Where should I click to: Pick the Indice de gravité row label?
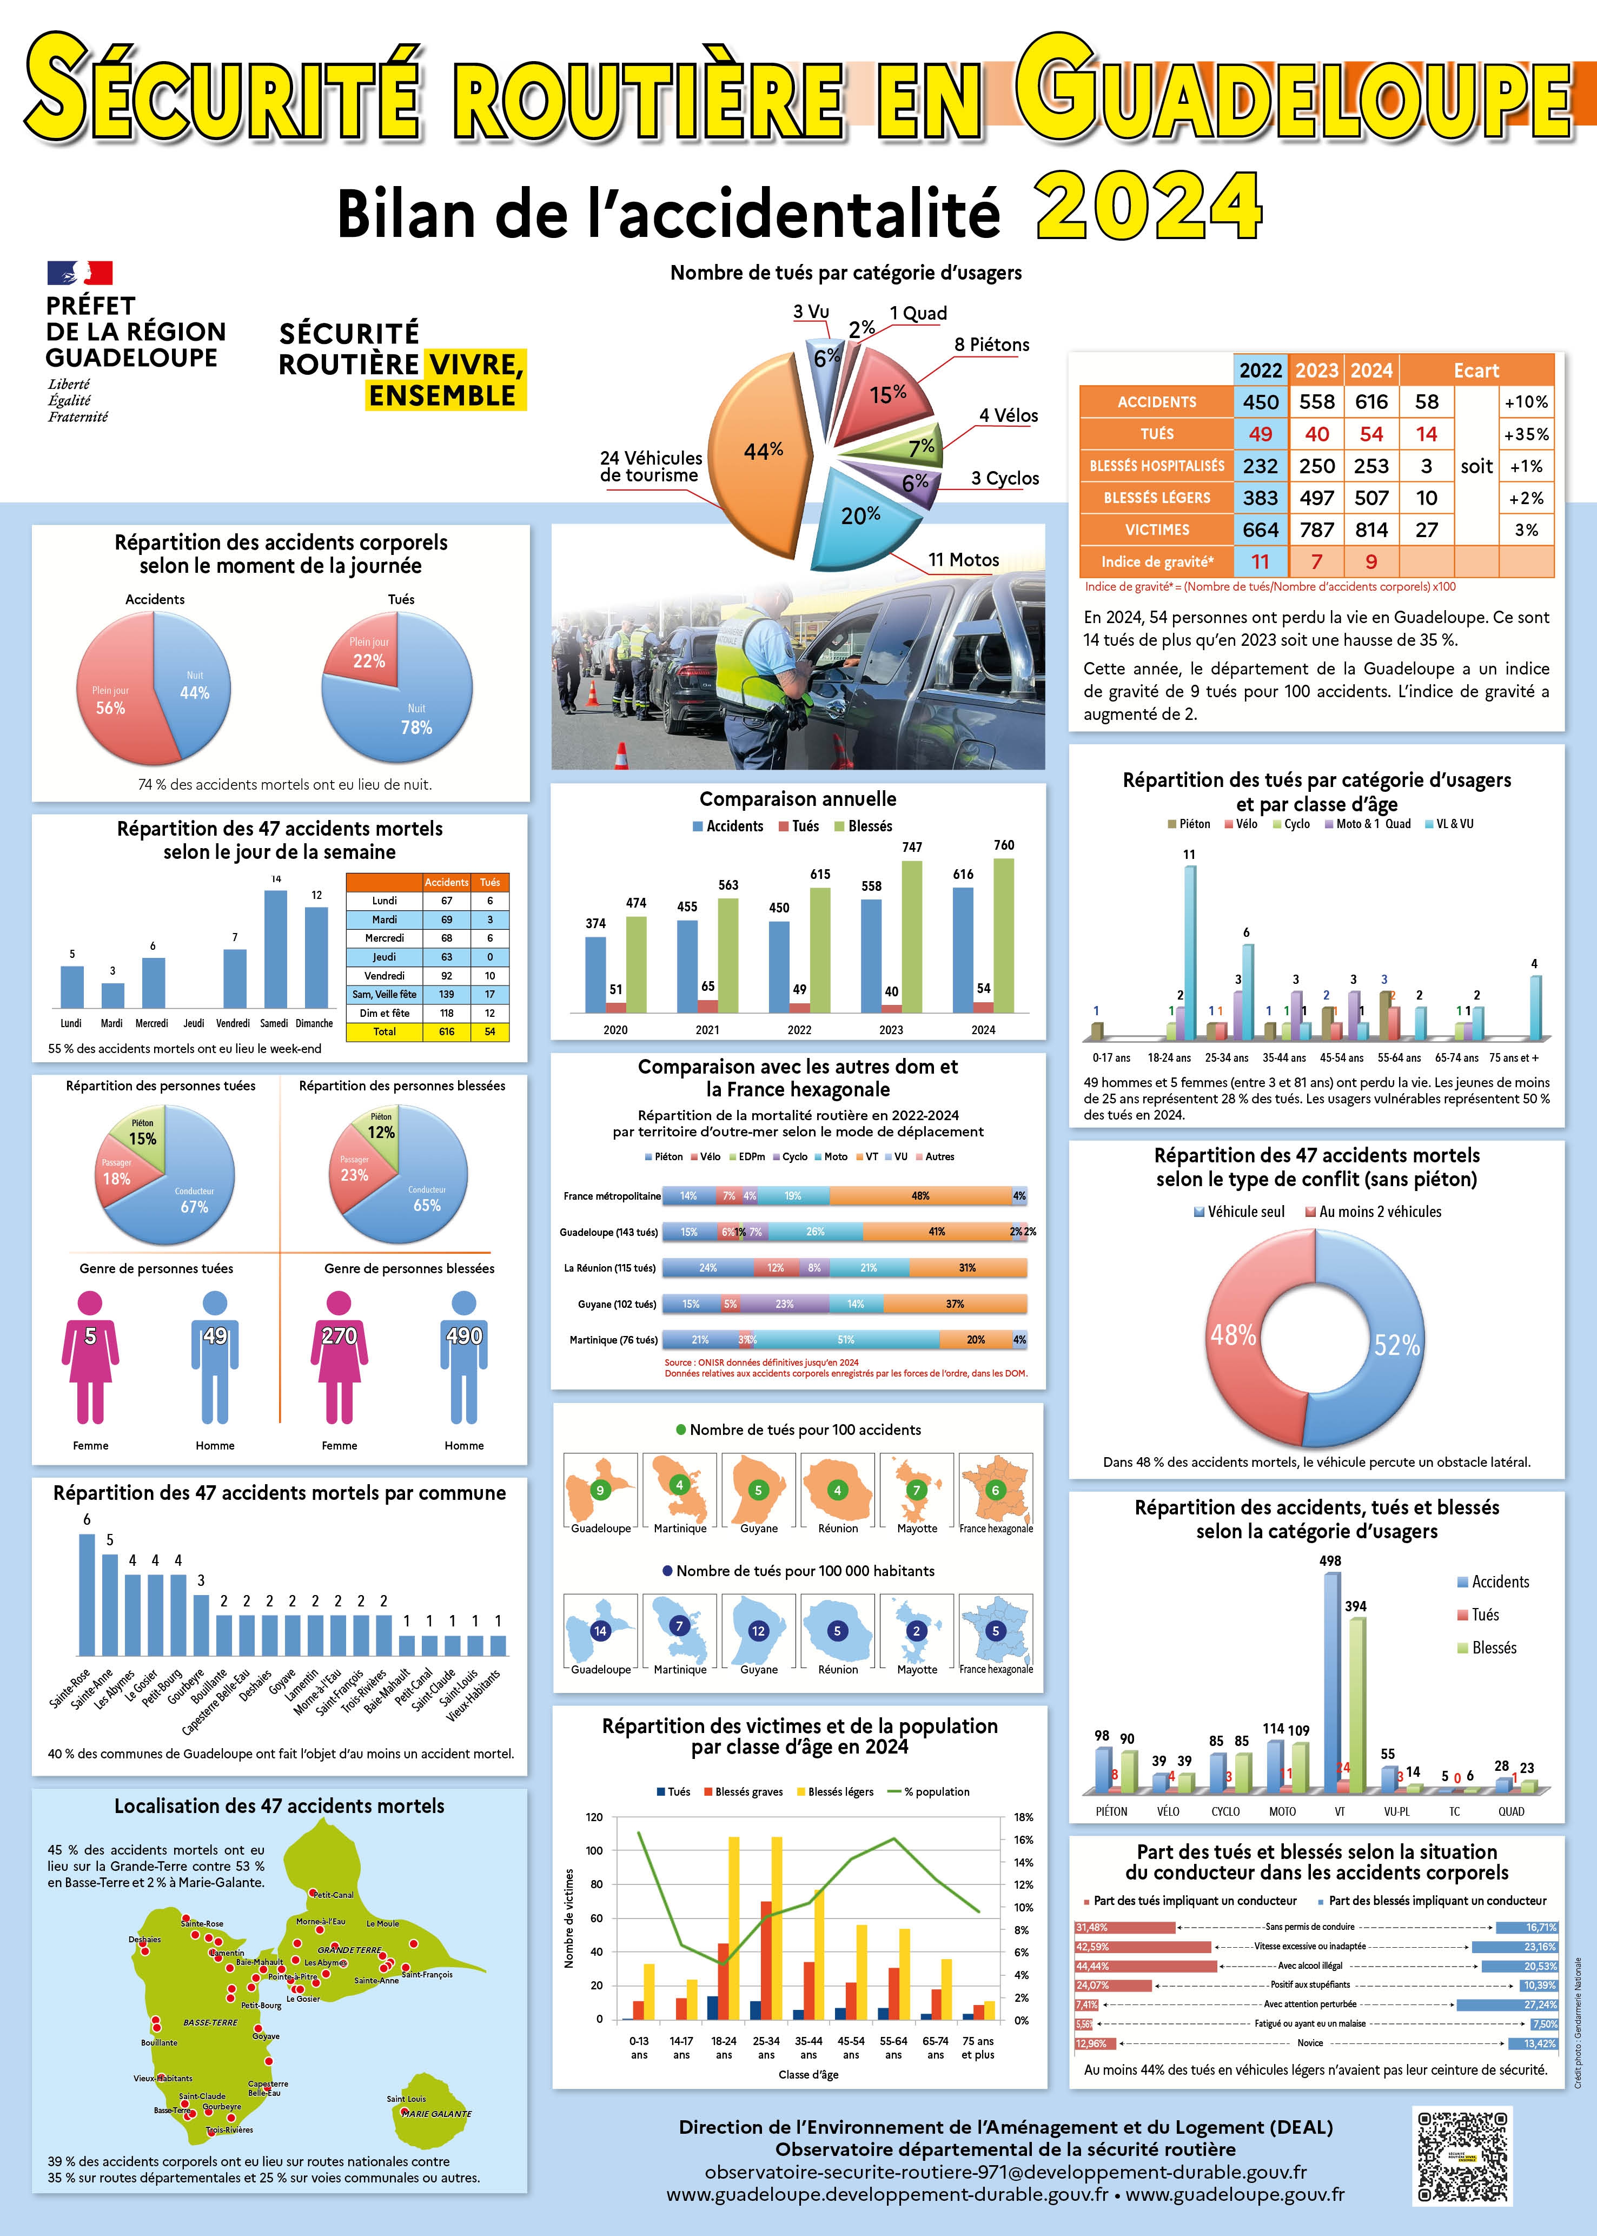[x=1156, y=561]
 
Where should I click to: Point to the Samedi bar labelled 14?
[x=276, y=948]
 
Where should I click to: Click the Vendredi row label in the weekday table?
[x=385, y=975]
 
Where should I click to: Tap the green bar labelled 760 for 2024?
[x=1004, y=934]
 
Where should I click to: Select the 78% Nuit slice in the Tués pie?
[x=403, y=713]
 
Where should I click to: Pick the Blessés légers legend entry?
[x=834, y=1791]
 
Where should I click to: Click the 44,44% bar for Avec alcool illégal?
[x=1145, y=1967]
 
